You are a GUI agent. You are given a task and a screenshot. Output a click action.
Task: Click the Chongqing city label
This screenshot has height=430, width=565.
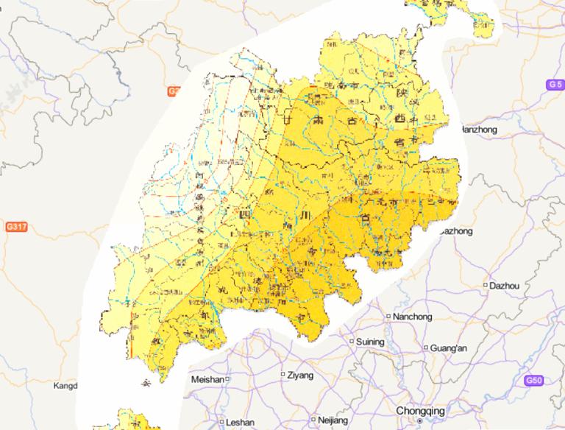point(420,410)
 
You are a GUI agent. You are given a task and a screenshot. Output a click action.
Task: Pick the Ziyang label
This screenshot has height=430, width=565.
point(300,375)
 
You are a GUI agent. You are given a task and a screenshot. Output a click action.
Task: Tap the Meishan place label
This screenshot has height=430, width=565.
point(207,378)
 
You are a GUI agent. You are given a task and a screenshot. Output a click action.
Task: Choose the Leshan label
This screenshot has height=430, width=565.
point(241,423)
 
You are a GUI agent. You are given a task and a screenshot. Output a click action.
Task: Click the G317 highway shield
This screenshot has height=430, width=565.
point(15,227)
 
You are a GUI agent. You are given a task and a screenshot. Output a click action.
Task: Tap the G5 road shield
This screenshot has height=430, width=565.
point(555,85)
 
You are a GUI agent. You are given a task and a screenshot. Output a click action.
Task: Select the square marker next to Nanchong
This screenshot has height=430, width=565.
point(369,317)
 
